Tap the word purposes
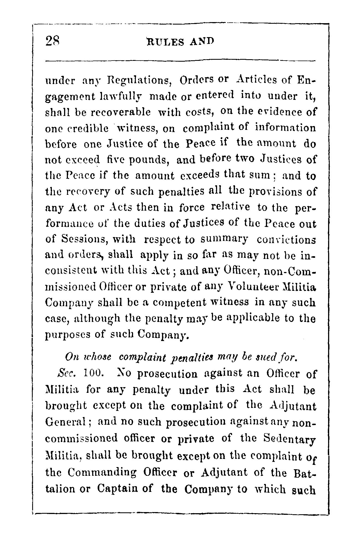pos(67,335)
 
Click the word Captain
pos(125,488)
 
